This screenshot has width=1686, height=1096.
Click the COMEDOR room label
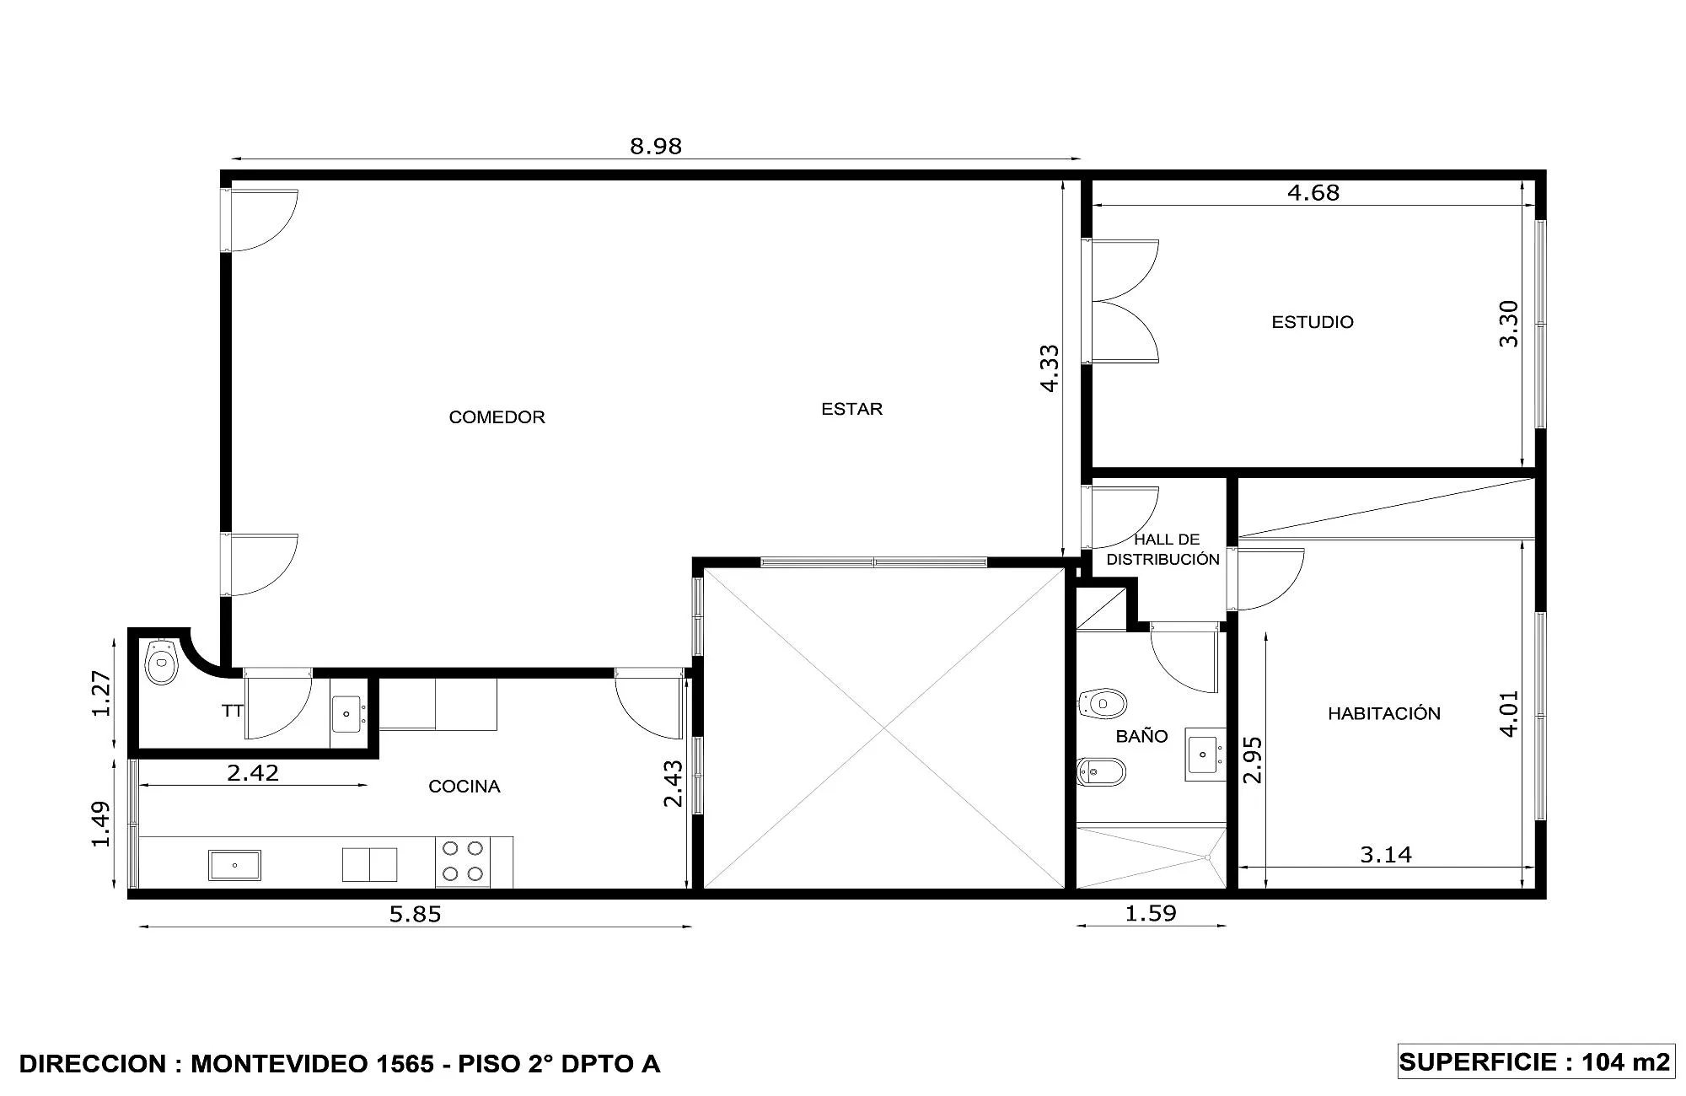point(497,417)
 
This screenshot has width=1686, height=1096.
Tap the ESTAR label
point(851,409)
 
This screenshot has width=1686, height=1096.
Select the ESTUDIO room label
point(1313,322)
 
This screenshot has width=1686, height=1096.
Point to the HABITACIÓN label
point(1384,713)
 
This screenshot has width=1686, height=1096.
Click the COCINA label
point(464,787)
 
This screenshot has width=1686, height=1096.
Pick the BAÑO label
point(1141,736)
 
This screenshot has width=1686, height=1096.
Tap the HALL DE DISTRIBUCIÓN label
point(1163,550)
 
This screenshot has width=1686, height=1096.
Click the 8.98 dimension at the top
point(656,146)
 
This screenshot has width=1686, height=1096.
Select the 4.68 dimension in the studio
point(1313,193)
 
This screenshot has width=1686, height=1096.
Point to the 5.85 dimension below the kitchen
point(415,914)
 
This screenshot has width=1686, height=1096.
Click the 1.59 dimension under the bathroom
point(1151,913)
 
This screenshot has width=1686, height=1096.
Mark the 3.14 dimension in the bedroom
point(1386,855)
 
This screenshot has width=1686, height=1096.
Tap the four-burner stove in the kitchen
point(463,862)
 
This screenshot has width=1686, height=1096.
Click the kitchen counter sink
point(234,865)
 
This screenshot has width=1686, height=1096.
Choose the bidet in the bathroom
point(1102,771)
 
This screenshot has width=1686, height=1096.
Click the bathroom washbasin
point(1205,754)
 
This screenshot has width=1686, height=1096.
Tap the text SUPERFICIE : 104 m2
point(1535,1061)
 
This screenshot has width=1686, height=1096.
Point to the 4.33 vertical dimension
point(1049,368)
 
